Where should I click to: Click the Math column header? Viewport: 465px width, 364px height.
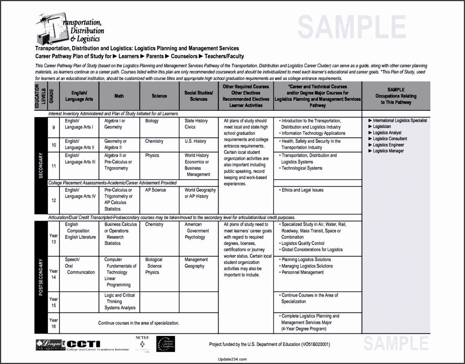pyautogui.click(x=119, y=96)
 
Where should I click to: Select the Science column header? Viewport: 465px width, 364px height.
pyautogui.click(x=159, y=96)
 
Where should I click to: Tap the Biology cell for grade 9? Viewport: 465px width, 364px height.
pyautogui.click(x=152, y=121)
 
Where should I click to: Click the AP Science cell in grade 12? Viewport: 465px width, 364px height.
pyautogui.click(x=156, y=190)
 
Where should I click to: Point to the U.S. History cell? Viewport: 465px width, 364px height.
pyautogui.click(x=195, y=141)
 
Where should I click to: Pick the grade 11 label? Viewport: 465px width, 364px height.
pyautogui.click(x=53, y=166)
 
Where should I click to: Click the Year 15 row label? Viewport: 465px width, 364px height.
pyautogui.click(x=53, y=302)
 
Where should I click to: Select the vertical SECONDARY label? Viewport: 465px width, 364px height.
pyautogui.click(x=41, y=166)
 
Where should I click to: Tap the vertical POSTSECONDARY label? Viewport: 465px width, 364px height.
pyautogui.click(x=41, y=277)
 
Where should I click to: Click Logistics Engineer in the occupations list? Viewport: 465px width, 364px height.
pyautogui.click(x=388, y=145)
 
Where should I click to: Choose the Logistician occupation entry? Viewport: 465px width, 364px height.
pyautogui.click(x=382, y=127)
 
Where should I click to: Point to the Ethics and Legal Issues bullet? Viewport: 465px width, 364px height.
pyautogui.click(x=302, y=190)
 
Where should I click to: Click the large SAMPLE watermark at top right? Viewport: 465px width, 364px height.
pyautogui.click(x=352, y=27)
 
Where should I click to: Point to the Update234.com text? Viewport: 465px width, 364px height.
pyautogui.click(x=232, y=359)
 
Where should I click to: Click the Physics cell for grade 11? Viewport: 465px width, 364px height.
pyautogui.click(x=151, y=155)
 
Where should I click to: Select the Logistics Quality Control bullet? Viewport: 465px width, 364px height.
pyautogui.click(x=303, y=243)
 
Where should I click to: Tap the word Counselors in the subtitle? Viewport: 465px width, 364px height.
pyautogui.click(x=184, y=56)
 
